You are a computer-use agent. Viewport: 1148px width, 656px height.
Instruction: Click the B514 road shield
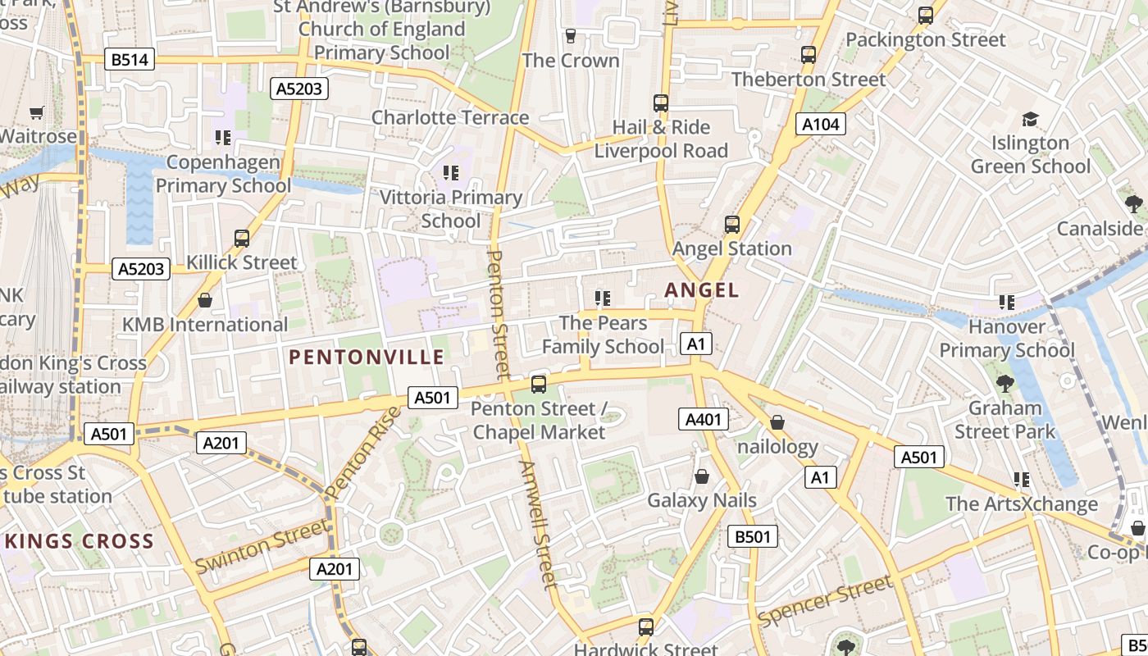pyautogui.click(x=130, y=59)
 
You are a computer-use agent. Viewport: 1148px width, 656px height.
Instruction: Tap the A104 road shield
pyautogui.click(x=820, y=124)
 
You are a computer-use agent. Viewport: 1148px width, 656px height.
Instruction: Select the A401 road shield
pyautogui.click(x=704, y=420)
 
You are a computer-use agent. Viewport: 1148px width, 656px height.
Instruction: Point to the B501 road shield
pyautogui.click(x=753, y=537)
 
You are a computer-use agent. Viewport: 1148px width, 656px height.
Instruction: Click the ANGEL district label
pyautogui.click(x=702, y=289)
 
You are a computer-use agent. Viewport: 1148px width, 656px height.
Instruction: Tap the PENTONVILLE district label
pyautogui.click(x=367, y=357)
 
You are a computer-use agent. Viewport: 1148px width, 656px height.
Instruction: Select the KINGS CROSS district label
pyautogui.click(x=80, y=541)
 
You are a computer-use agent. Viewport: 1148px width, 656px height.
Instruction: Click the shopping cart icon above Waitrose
pyautogui.click(x=36, y=112)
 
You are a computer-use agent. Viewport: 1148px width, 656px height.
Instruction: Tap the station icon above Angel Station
pyautogui.click(x=732, y=224)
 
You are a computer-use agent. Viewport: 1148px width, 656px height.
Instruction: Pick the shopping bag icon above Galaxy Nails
pyautogui.click(x=702, y=476)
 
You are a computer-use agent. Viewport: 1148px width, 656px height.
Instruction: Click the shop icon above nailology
pyautogui.click(x=777, y=423)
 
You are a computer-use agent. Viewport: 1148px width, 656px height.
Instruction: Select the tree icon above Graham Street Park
pyautogui.click(x=1004, y=383)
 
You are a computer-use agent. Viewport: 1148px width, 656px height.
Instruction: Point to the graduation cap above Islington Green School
pyautogui.click(x=1030, y=120)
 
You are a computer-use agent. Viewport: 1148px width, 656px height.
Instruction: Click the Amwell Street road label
pyautogui.click(x=538, y=525)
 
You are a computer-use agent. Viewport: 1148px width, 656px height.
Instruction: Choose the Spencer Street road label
pyautogui.click(x=824, y=601)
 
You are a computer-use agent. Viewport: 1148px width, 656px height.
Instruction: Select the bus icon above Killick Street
pyautogui.click(x=242, y=239)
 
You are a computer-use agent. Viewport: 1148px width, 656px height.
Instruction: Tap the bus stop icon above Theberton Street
pyautogui.click(x=809, y=55)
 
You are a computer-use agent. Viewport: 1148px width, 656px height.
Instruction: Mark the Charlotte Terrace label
pyautogui.click(x=450, y=117)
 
